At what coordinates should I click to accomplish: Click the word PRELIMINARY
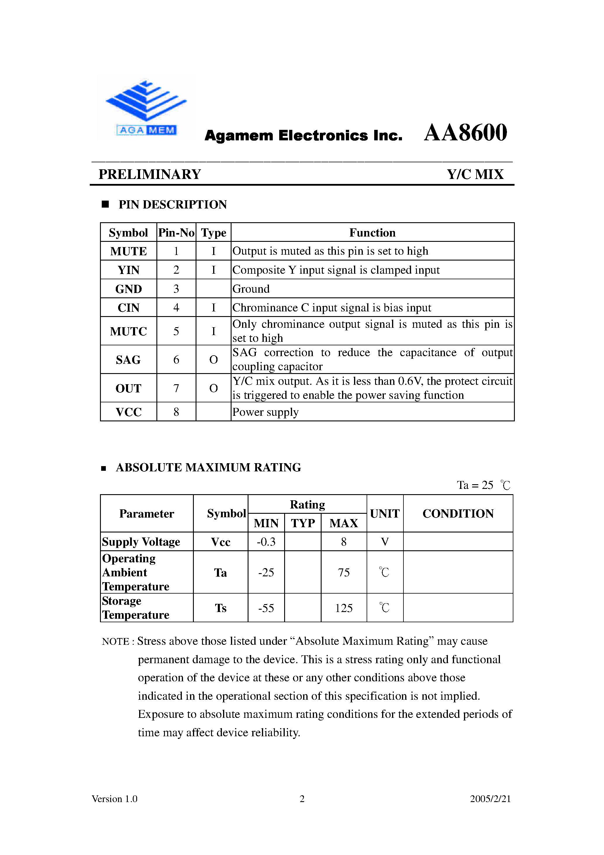coord(150,174)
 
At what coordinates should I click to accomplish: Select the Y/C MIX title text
coord(475,174)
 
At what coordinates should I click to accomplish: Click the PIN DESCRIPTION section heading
coord(172,204)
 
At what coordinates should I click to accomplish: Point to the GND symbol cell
coord(128,289)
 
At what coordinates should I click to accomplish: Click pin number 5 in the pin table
coord(176,331)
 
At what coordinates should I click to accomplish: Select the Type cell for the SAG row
coord(213,360)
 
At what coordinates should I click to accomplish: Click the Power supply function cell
coord(265,412)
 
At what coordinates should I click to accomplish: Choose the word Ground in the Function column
coord(251,289)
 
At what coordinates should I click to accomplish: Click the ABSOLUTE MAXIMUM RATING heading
coord(208,467)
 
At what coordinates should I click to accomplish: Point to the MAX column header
coord(343,523)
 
